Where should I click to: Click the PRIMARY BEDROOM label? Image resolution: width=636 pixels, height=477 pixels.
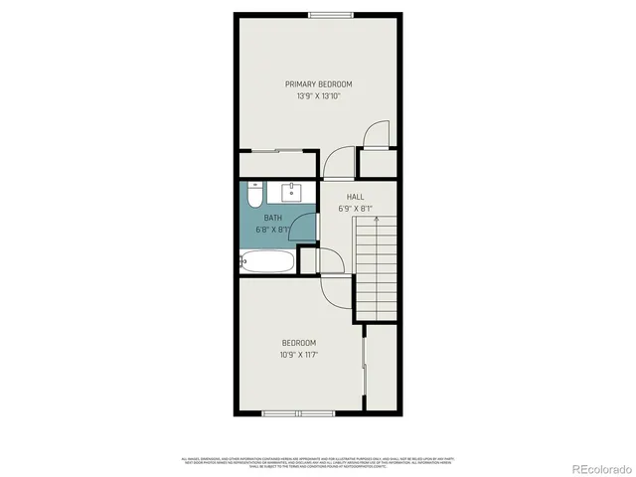pos(318,84)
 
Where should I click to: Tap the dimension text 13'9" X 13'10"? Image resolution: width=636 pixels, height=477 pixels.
pos(318,97)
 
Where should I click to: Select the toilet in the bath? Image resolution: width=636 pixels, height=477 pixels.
pos(252,194)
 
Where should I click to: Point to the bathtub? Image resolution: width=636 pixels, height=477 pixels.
pos(267,263)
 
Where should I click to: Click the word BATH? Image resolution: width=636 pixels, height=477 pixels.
pos(273,218)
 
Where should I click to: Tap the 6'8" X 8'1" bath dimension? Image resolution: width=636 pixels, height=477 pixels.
pos(273,230)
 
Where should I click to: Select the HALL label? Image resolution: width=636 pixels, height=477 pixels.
pos(355,197)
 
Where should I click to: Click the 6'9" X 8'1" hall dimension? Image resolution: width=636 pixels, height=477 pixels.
pos(355,209)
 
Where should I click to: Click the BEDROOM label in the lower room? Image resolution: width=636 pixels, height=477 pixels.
pos(299,343)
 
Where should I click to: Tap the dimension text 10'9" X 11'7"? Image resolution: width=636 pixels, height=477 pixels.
pos(299,355)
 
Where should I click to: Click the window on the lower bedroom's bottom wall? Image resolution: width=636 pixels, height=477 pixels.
pos(298,411)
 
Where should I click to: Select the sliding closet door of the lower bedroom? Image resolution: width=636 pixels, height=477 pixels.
pos(367,368)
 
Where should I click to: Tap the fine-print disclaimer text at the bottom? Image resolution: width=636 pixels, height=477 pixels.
pos(318,460)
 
